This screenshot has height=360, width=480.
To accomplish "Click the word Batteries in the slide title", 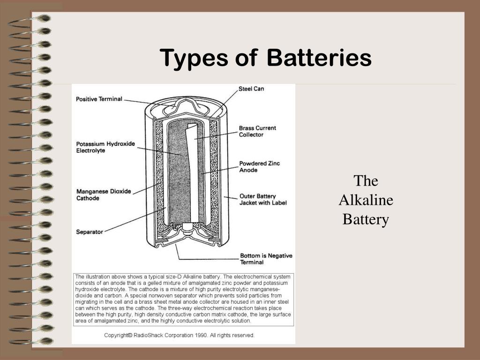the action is click(x=319, y=59).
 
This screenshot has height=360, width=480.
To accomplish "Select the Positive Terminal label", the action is click(x=99, y=99).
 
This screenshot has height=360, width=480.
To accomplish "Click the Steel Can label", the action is click(x=251, y=89).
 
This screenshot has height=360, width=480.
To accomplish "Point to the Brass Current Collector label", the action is click(x=257, y=131).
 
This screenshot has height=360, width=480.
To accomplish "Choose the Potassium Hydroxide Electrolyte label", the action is click(x=105, y=147).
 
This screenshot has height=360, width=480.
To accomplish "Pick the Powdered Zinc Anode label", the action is click(x=259, y=166).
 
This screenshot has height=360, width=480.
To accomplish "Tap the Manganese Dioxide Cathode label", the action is click(x=104, y=195).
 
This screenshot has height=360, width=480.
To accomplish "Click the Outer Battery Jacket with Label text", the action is click(x=262, y=199).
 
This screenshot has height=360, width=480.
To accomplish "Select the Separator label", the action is click(x=90, y=232).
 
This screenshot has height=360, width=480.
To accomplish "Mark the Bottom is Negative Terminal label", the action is click(x=266, y=259).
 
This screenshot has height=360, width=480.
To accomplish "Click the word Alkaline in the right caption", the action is click(x=366, y=200).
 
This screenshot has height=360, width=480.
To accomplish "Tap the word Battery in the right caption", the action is click(x=366, y=219).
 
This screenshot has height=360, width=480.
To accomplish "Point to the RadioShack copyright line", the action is click(x=179, y=335).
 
